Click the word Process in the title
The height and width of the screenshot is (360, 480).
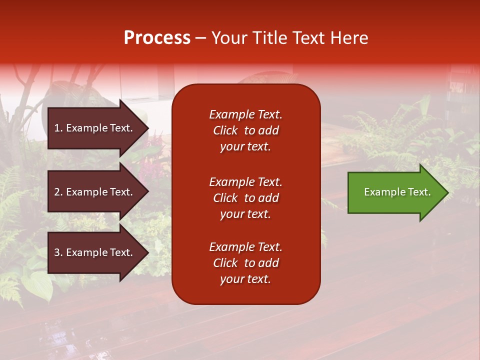pos(157,38)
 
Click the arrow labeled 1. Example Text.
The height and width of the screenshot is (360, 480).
pos(95,128)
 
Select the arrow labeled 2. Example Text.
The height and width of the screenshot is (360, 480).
pos(95,192)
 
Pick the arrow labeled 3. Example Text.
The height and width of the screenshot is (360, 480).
pos(95,252)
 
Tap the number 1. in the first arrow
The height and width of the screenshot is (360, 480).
pos(58,128)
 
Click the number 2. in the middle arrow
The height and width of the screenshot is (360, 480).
pos(58,192)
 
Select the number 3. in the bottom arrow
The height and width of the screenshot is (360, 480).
pos(58,252)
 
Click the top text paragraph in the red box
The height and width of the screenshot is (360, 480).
pos(245,130)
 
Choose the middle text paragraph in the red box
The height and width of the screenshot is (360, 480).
pos(245,198)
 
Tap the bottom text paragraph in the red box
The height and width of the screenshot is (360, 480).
pos(245,263)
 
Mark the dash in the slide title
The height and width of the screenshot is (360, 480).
pos(200,38)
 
